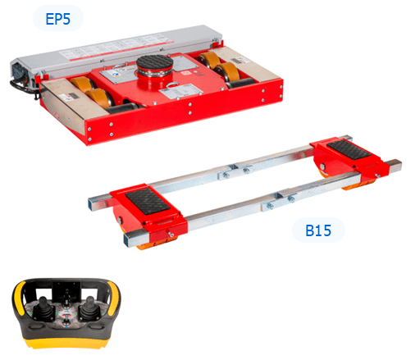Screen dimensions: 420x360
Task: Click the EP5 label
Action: point(58,19)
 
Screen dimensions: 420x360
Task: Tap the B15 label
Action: point(318,230)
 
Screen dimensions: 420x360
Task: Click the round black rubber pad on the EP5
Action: point(154,62)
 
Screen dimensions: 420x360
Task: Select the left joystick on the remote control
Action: point(43,308)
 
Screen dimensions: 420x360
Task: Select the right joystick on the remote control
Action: point(89,308)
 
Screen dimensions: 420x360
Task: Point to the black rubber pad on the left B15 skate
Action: point(148,201)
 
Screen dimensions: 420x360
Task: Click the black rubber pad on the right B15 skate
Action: point(349,150)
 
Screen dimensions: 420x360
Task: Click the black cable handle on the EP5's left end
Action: point(23,88)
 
